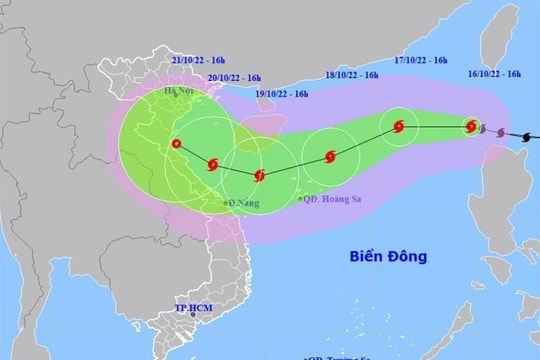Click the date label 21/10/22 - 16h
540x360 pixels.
tap(197, 61)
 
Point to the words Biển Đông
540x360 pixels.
tap(389, 257)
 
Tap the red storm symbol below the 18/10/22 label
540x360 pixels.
tap(330, 156)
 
